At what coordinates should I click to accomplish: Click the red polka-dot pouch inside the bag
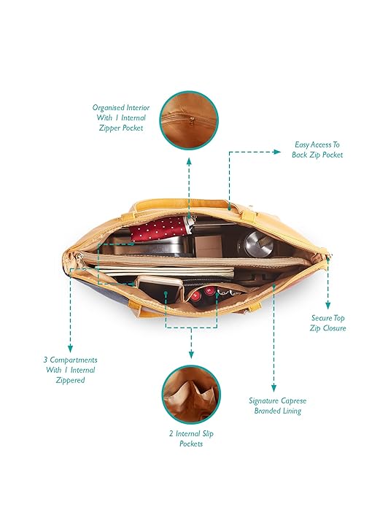click(x=158, y=229)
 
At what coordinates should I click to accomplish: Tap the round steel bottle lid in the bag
click(x=258, y=244)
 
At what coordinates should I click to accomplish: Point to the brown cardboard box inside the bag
click(x=209, y=247)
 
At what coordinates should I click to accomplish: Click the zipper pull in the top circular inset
click(x=191, y=122)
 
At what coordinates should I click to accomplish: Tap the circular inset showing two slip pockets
click(x=191, y=395)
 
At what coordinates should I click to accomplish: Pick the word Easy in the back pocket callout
click(x=301, y=145)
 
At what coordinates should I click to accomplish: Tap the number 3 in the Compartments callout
click(x=46, y=360)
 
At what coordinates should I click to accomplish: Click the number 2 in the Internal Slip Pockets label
click(x=171, y=433)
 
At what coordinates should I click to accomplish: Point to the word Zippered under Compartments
click(x=70, y=380)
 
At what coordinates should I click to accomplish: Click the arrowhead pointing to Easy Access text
click(x=277, y=152)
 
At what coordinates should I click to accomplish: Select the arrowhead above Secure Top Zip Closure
click(x=328, y=305)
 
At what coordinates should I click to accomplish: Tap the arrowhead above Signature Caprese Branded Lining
click(x=274, y=388)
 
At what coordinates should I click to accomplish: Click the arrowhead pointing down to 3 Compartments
click(x=70, y=348)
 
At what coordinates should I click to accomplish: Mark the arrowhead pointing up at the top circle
click(x=189, y=162)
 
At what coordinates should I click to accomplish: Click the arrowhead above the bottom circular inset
click(x=191, y=355)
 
